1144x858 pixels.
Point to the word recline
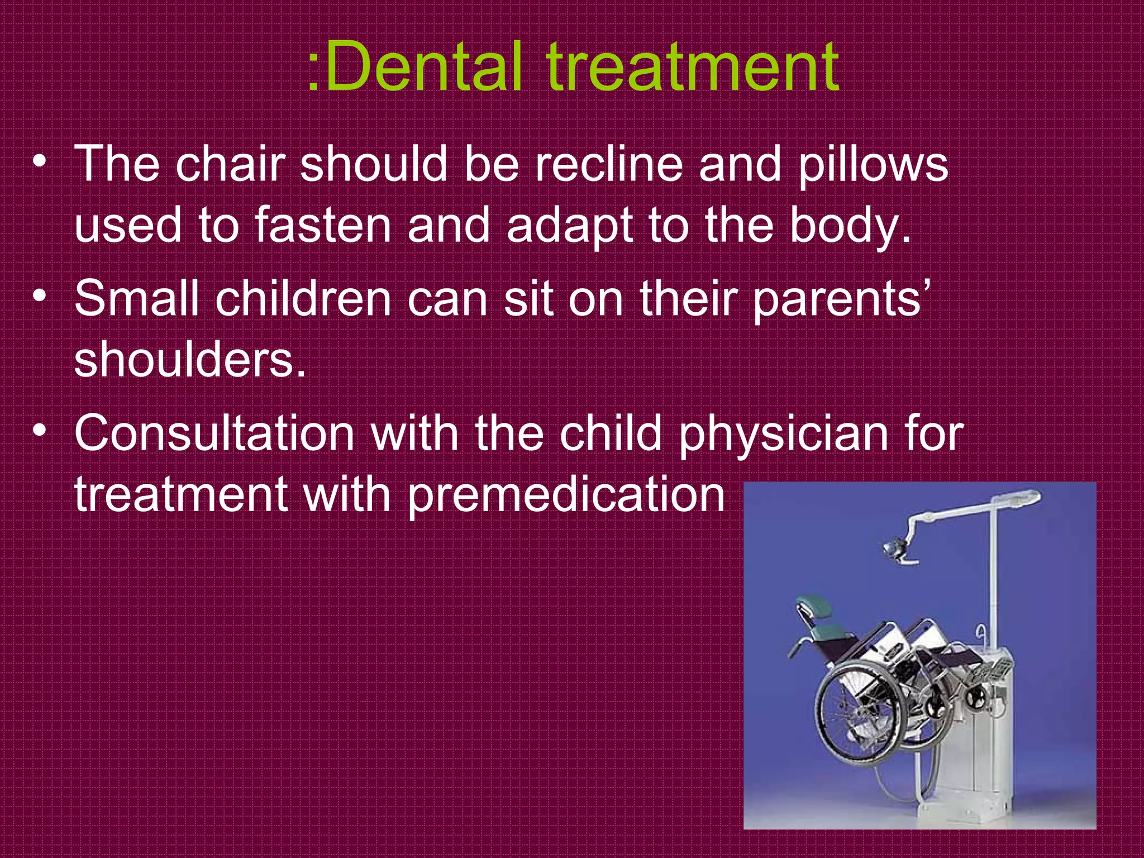tap(609, 164)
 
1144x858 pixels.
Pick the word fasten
tap(323, 226)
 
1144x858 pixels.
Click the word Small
tap(137, 298)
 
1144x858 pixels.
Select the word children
tap(303, 298)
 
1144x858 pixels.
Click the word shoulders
tap(190, 360)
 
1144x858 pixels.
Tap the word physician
tap(783, 435)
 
